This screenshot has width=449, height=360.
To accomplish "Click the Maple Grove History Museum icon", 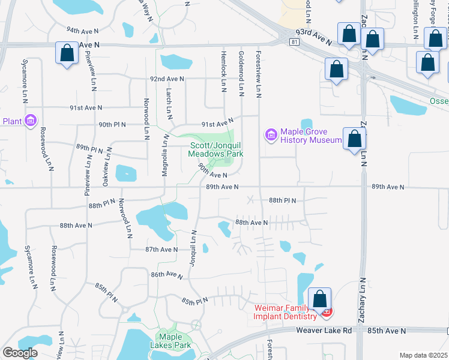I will tap(271, 136).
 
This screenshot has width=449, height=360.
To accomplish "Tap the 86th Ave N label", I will tap(166, 274).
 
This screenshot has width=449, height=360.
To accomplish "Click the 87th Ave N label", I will tap(161, 249).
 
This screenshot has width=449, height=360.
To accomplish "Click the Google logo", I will tap(20, 353).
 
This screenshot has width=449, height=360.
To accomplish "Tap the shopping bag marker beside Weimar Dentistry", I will tap(321, 298).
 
